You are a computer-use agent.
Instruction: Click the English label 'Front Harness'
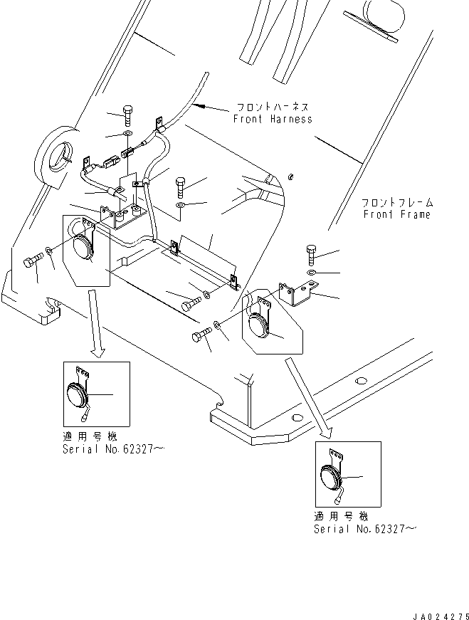pyautogui.click(x=273, y=120)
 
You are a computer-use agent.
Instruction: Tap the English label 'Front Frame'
pyautogui.click(x=396, y=214)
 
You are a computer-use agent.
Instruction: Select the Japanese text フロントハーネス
pyautogui.click(x=273, y=108)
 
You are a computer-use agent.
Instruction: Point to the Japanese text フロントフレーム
pyautogui.click(x=396, y=203)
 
